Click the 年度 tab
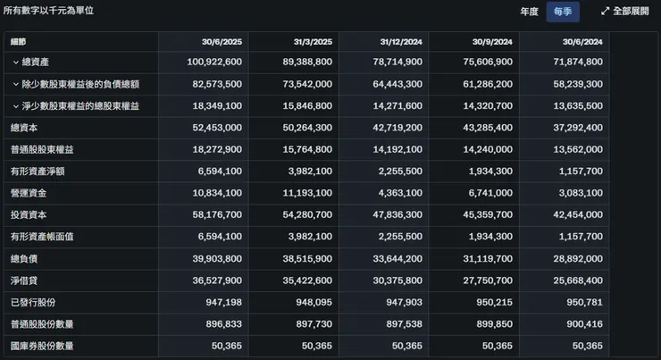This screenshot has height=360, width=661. click(530, 12)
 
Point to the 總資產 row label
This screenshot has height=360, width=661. click(37, 63)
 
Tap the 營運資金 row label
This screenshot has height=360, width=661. click(29, 193)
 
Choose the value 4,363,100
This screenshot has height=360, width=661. click(398, 193)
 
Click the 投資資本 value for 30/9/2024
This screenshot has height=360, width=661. click(485, 214)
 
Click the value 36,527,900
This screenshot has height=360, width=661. click(214, 280)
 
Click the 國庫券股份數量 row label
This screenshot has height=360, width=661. click(42, 346)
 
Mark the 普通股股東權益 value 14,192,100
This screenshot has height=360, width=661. click(395, 149)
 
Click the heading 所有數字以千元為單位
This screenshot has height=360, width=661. click(48, 11)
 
